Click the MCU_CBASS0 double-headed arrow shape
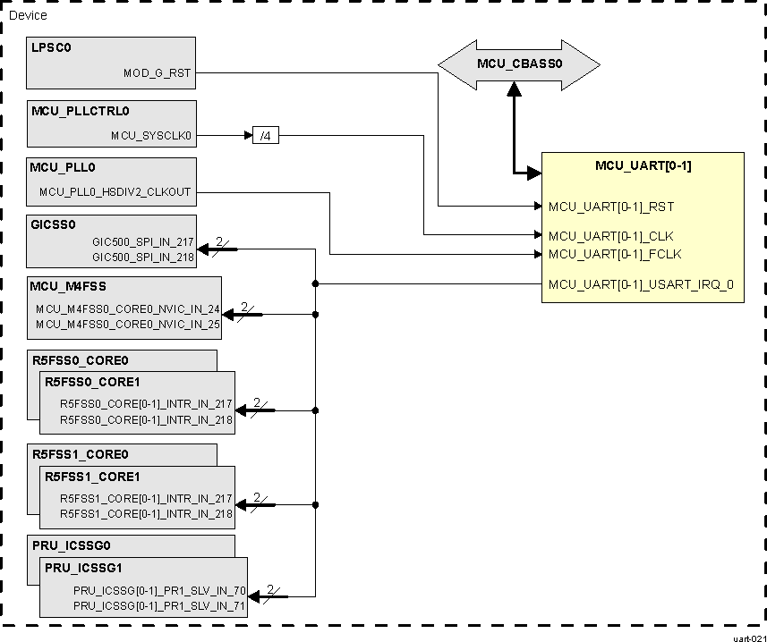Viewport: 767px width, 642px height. (x=518, y=63)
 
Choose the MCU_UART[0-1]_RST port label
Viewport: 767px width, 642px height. (x=610, y=207)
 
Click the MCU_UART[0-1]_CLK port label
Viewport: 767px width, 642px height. (x=610, y=236)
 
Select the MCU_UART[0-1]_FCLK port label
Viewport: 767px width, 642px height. (x=614, y=254)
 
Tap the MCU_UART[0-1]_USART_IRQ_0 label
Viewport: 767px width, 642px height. (x=640, y=285)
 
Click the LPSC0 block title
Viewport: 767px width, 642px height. (x=51, y=48)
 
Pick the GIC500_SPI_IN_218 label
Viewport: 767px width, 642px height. (x=143, y=256)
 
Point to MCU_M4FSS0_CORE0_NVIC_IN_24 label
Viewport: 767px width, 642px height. (x=128, y=308)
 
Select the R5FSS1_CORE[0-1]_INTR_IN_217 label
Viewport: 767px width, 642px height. (x=146, y=498)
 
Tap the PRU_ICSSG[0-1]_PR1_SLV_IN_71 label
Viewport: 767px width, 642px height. (x=159, y=606)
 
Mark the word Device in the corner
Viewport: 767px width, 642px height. (x=28, y=15)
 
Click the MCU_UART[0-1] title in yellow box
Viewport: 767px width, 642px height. (x=643, y=165)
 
